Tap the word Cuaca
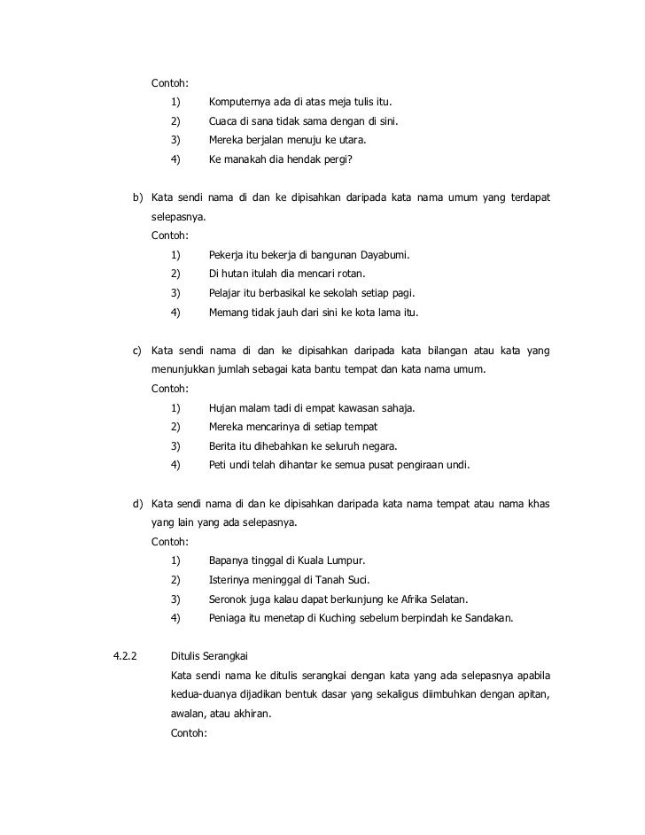224,121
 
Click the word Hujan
223,408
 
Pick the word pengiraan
416,465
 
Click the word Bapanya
230,561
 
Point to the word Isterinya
231,580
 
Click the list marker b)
138,197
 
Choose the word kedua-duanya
206,694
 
